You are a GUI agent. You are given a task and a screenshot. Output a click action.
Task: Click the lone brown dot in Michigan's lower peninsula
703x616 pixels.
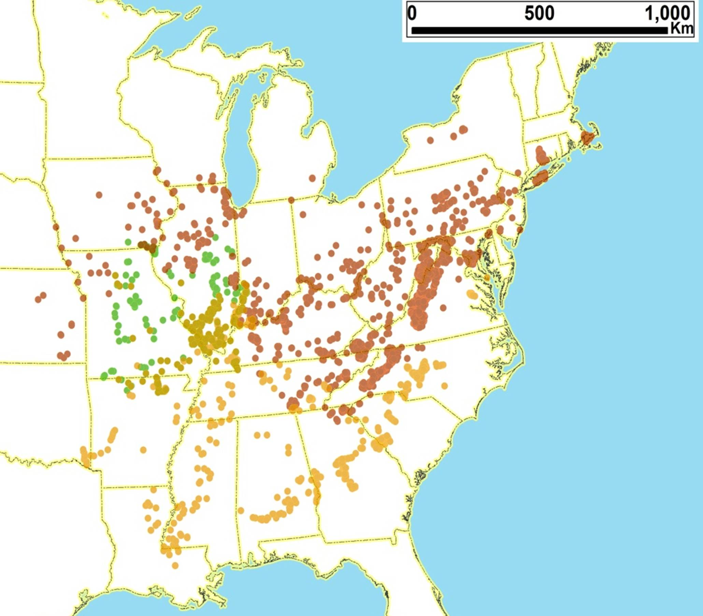(312, 178)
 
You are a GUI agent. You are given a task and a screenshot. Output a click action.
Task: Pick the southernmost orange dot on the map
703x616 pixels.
(175, 565)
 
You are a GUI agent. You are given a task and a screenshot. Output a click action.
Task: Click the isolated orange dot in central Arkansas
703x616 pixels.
(143, 449)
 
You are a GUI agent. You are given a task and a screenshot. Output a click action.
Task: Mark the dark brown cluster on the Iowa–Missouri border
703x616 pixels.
(146, 245)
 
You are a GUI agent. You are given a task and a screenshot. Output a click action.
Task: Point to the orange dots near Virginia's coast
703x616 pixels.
(472, 294)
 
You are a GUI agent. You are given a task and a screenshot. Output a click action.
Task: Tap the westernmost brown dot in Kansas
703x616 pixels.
(38, 299)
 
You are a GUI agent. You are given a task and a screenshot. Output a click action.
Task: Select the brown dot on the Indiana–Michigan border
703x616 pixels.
(291, 200)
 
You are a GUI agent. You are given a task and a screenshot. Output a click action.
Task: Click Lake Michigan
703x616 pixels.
(241, 138)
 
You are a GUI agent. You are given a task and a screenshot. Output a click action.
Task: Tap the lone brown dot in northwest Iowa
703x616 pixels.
(99, 195)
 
